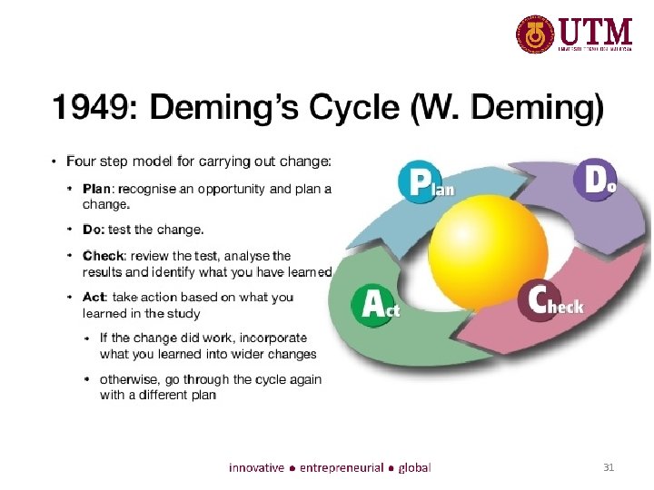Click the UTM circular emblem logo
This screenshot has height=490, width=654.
click(535, 34)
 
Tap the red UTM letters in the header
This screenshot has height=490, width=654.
click(596, 32)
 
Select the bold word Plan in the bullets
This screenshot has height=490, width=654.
click(96, 190)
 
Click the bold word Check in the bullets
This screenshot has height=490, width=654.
click(102, 256)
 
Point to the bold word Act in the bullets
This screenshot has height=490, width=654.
click(94, 298)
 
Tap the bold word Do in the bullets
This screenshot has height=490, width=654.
click(91, 230)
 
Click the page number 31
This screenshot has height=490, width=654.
click(609, 468)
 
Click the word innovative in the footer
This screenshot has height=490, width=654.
click(255, 468)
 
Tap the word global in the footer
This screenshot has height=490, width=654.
click(414, 468)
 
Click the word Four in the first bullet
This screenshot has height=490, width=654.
click(81, 162)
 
